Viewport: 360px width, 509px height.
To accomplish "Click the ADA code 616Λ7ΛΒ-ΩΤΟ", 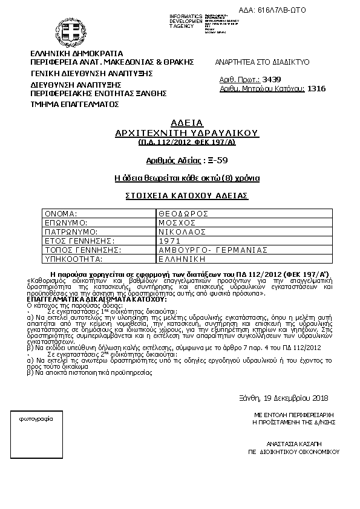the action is pos(323,10).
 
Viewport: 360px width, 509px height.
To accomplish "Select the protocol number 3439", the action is pos(271,79).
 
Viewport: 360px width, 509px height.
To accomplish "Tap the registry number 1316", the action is pos(316,89).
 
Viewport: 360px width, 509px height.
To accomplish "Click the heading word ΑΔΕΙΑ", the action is pos(187,122).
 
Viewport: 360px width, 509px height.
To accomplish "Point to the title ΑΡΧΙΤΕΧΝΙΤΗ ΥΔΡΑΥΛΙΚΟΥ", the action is pos(187,132).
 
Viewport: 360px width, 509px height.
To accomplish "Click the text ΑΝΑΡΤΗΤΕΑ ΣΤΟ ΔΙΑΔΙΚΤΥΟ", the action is pos(263,62).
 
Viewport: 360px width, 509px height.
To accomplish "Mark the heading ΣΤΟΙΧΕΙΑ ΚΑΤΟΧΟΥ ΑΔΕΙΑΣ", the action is pos(187,196).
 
